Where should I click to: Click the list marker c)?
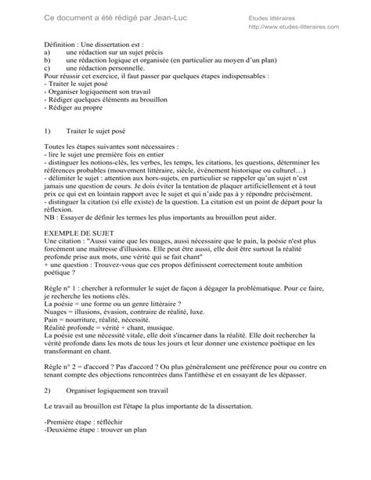click(x=48, y=77)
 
